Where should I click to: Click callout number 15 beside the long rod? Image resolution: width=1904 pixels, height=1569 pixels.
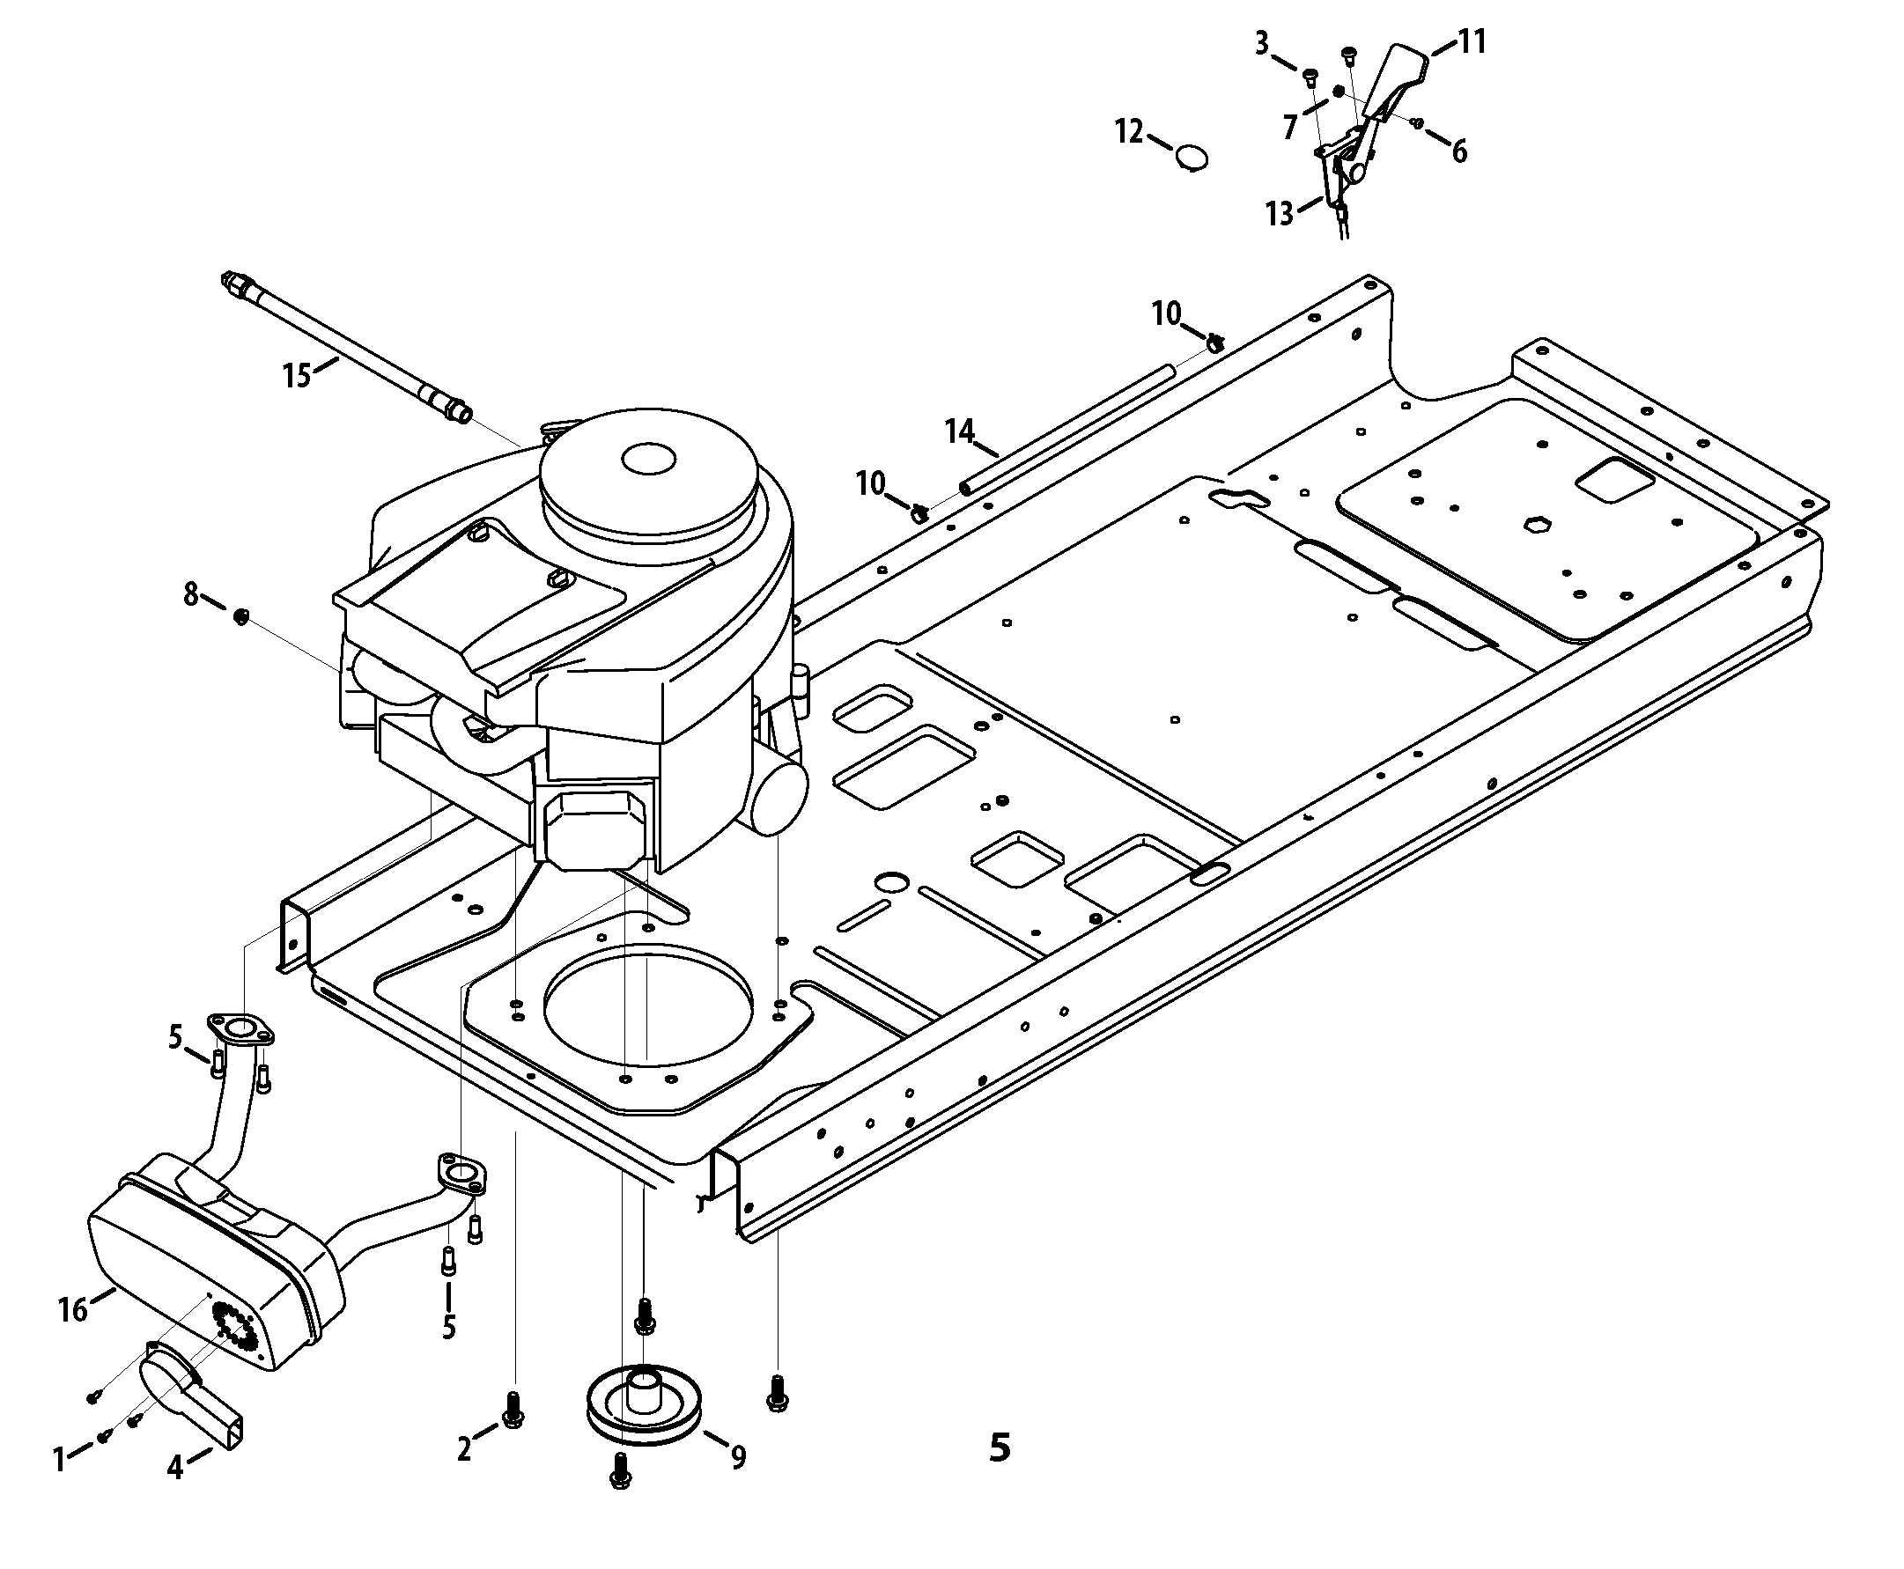point(298,375)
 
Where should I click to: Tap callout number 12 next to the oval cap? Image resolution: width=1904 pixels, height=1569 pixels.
point(1129,132)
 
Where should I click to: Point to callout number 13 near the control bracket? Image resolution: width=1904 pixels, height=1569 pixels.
point(1280,214)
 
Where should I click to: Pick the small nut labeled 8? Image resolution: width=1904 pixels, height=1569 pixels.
point(241,617)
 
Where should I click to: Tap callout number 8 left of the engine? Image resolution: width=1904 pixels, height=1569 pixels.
point(191,595)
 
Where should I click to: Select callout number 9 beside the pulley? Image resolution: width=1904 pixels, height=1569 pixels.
point(739,1457)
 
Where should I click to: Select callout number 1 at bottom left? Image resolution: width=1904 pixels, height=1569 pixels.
point(60,1460)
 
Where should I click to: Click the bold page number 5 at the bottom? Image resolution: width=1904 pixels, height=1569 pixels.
point(1000,1447)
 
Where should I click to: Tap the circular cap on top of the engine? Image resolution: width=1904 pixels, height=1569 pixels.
point(649,460)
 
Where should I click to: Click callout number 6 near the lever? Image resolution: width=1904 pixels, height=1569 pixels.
point(1459,151)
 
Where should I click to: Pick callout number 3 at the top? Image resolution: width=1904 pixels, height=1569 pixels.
point(1262,42)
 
